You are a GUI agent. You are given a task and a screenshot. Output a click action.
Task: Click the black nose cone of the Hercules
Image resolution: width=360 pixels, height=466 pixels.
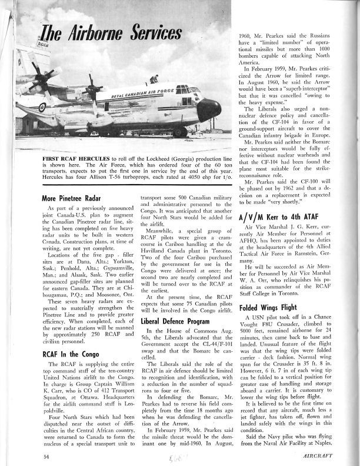coord(210,109)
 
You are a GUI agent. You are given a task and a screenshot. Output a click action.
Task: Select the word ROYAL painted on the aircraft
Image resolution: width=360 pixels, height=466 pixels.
coord(119,95)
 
